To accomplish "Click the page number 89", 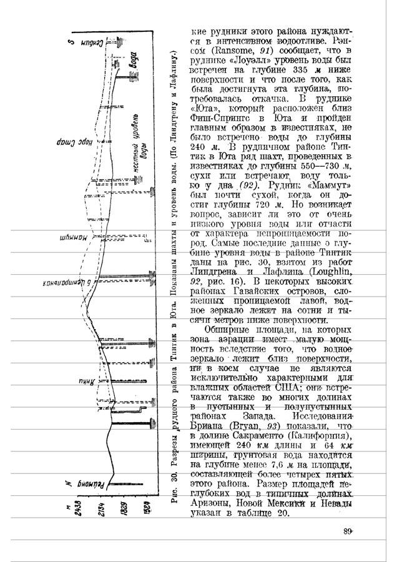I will [348, 531].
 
